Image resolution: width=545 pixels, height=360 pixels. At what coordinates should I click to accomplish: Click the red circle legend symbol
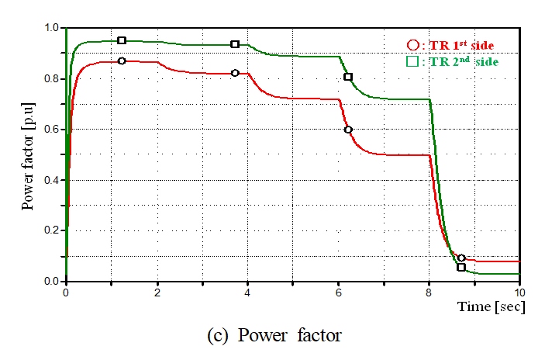tap(412, 45)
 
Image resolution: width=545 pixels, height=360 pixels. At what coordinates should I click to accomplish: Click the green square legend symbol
tap(412, 61)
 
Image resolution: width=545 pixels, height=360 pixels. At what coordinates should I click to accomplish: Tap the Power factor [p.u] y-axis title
tap(28, 154)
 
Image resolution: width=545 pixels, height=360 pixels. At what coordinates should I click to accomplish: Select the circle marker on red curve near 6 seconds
tap(348, 130)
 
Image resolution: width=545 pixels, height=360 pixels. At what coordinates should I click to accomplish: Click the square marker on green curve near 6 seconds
tap(348, 77)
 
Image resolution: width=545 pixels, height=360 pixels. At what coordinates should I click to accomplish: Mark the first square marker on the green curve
tap(122, 40)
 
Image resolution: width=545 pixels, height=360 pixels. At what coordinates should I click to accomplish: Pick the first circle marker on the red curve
tap(122, 61)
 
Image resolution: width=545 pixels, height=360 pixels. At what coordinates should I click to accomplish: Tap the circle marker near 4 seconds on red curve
tap(235, 73)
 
